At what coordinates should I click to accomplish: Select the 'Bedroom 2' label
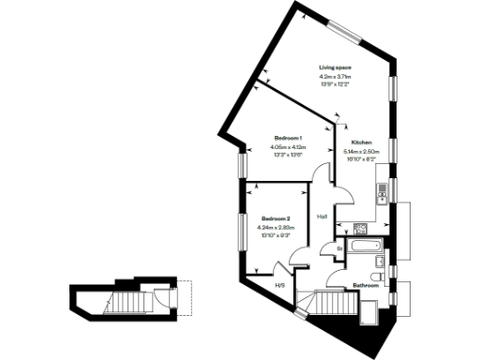275,217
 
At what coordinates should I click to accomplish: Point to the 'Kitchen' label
361,142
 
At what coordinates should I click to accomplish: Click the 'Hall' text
322,217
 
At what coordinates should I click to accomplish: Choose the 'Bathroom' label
365,285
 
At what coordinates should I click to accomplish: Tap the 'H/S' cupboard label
278,285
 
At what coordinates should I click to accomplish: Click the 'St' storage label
338,248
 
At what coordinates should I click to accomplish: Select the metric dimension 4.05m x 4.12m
288,147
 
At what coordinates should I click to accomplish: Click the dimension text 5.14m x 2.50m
361,151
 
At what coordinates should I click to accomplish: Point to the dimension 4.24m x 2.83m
275,227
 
